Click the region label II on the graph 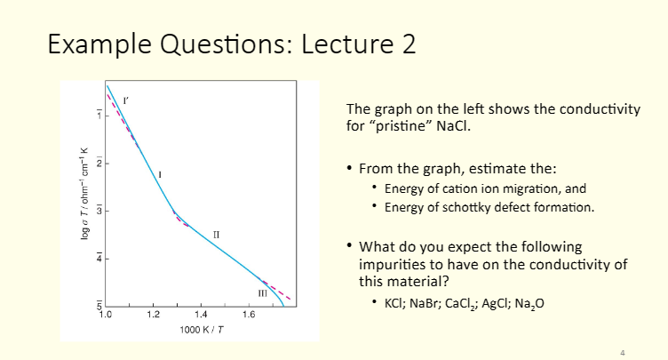(x=216, y=234)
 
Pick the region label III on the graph (x=262, y=292)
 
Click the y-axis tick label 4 (x=99, y=259)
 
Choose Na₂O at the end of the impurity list (x=528, y=303)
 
